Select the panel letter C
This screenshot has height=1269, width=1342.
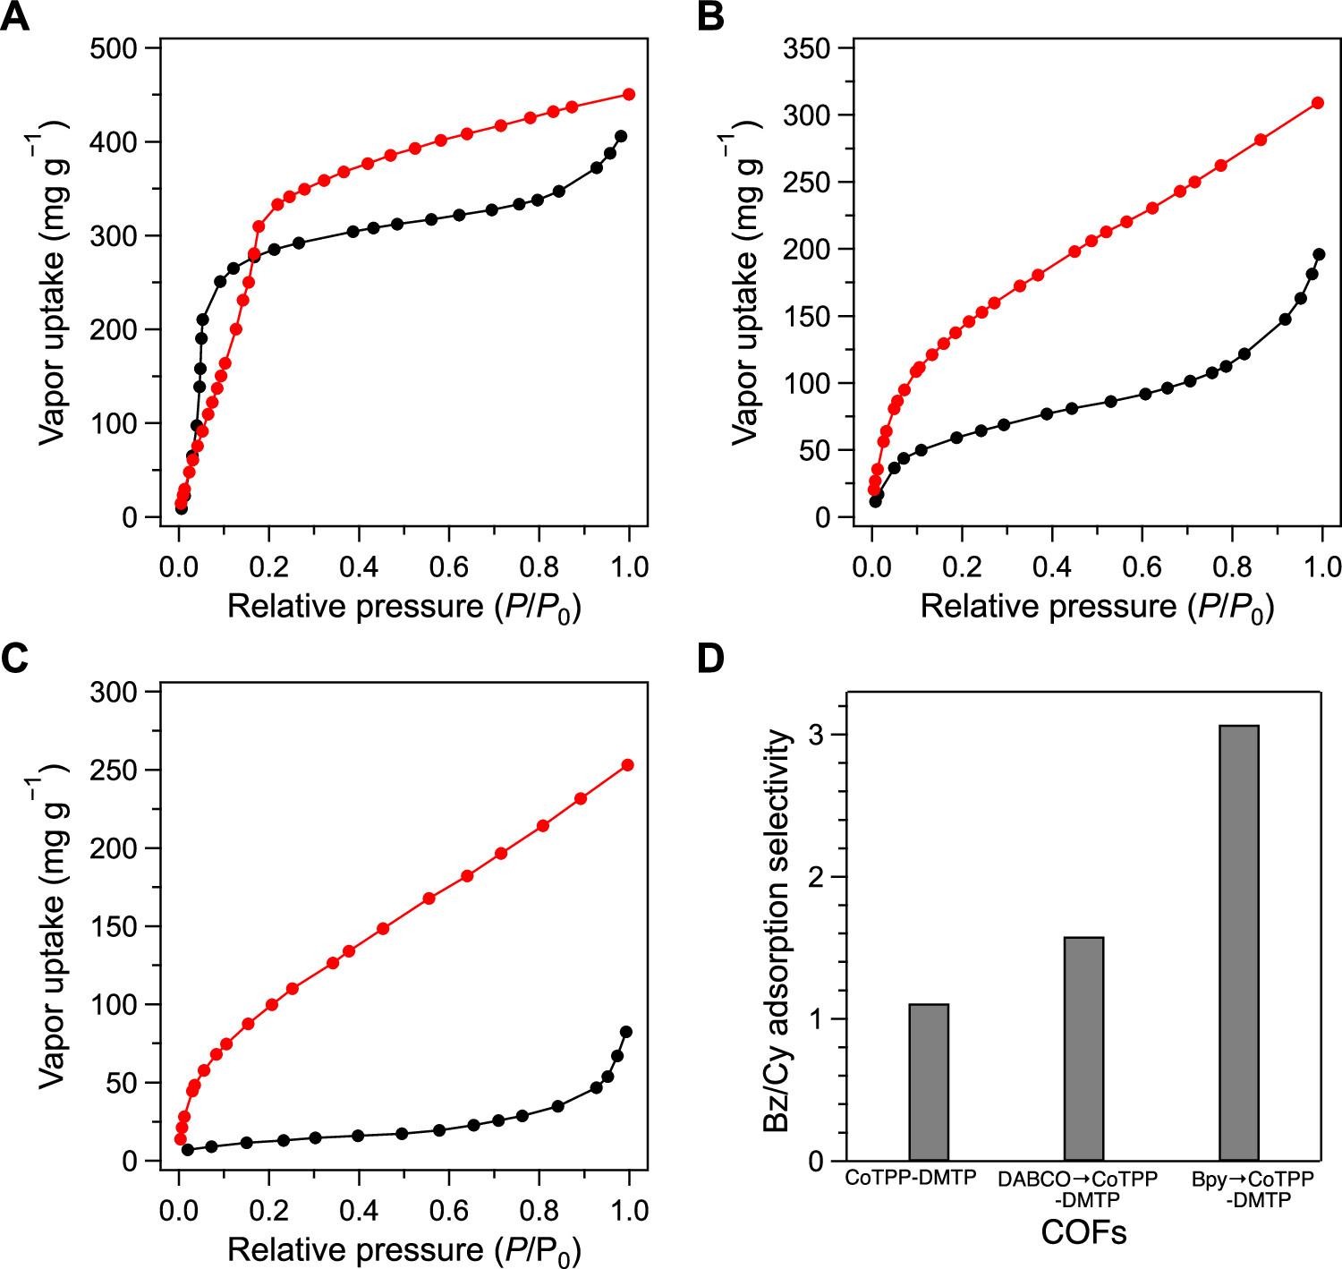tap(14, 658)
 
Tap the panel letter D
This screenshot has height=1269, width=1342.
tap(710, 658)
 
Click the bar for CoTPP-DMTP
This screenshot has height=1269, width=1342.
tap(929, 1082)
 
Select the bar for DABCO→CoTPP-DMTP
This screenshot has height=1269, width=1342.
tap(1083, 1049)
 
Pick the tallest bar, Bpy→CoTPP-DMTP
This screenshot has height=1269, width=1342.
tap(1239, 942)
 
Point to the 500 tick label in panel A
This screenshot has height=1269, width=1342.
tap(114, 48)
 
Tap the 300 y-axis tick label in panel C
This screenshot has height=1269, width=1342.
tap(114, 692)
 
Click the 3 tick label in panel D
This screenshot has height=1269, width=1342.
tap(816, 735)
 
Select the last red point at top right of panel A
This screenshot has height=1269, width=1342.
tap(629, 94)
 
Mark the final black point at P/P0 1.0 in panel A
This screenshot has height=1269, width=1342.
tap(621, 136)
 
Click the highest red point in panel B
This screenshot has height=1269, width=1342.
tap(1318, 103)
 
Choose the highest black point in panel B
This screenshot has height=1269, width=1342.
tap(1319, 254)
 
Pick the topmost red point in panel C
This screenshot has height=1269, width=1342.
tap(627, 765)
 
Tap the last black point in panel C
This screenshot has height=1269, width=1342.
tap(626, 1032)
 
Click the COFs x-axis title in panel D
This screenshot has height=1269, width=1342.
tap(1083, 1233)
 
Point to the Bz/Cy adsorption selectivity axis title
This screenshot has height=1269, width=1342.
tap(777, 931)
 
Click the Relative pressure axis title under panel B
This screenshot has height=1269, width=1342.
tap(1097, 608)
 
